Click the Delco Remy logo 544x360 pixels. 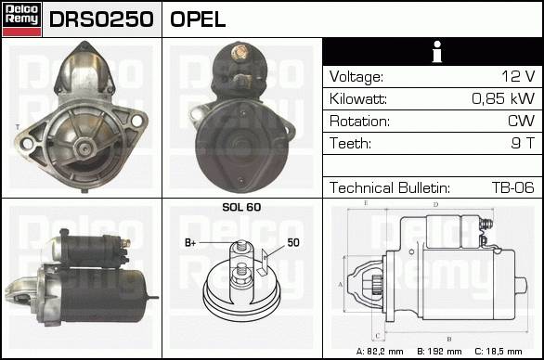pyautogui.click(x=22, y=19)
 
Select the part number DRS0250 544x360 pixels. pyautogui.click(x=101, y=19)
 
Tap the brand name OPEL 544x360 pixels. pyautogui.click(x=198, y=19)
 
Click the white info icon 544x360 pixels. pyautogui.click(x=437, y=52)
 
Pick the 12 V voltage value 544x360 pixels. pyautogui.click(x=518, y=76)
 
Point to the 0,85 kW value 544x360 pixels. pyautogui.click(x=503, y=98)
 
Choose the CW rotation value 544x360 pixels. pyautogui.click(x=521, y=121)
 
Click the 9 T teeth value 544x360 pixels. pyautogui.click(x=523, y=143)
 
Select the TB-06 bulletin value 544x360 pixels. pyautogui.click(x=513, y=187)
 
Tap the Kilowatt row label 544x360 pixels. pyautogui.click(x=358, y=99)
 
